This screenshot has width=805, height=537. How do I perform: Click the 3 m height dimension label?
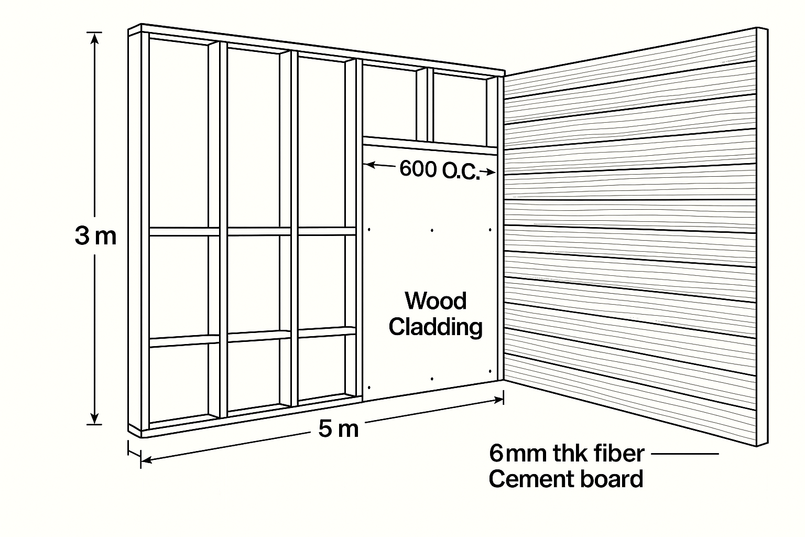coord(95,237)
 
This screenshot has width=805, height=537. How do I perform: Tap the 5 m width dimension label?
coord(339,429)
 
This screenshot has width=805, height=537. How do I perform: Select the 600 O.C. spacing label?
coord(439,170)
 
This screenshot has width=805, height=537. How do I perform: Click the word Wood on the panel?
coord(436,302)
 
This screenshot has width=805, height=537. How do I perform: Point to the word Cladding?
coord(436,327)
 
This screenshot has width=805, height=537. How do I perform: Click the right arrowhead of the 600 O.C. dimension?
coord(491,171)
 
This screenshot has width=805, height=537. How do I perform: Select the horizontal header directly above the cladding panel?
coord(430,144)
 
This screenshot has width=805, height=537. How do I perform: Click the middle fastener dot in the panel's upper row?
coord(432,230)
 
